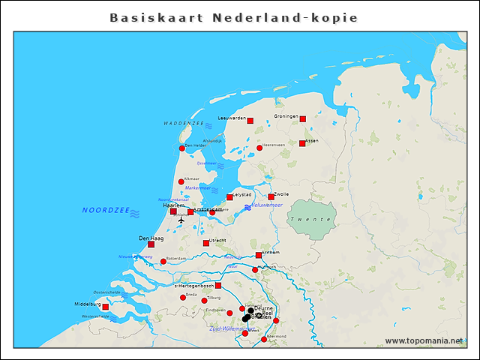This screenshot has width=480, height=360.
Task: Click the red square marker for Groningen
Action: [303, 118]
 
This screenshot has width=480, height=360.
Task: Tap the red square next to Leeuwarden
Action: [250, 120]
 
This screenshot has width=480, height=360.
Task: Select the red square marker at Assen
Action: [302, 143]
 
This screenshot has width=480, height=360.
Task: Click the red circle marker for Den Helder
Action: [181, 148]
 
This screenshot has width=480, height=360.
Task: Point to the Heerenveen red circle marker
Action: [259, 148]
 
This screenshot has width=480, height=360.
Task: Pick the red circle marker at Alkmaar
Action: [181, 181]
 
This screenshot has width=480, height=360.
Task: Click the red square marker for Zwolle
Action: [271, 197]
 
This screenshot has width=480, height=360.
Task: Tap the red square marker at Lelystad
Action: [230, 197]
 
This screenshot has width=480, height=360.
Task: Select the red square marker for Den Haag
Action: [151, 244]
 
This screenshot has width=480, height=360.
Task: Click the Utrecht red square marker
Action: [206, 243]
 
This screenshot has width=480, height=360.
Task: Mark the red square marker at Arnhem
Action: [259, 255]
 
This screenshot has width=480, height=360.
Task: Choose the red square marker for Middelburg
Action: [105, 307]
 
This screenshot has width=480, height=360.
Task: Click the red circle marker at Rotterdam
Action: [163, 261]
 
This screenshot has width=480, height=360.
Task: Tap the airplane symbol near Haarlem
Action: [181, 220]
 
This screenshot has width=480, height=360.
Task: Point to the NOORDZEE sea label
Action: [106, 211]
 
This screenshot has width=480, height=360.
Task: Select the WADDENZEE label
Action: [183, 123]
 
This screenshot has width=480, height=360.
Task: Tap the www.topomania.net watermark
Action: [424, 340]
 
